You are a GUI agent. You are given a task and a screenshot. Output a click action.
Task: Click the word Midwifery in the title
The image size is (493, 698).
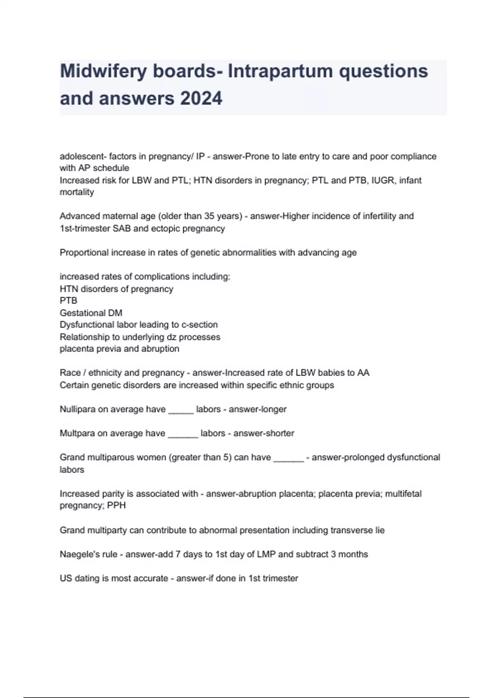point(104,71)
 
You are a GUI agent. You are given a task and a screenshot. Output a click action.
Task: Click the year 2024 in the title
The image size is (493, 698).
point(201,99)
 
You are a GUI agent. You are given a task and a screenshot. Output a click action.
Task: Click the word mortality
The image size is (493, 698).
point(77,192)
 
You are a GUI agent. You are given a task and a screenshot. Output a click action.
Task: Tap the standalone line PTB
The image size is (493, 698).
point(69,301)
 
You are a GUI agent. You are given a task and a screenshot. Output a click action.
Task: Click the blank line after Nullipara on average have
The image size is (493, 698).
point(181,410)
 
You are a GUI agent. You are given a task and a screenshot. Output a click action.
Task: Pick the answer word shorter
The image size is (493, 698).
point(279,433)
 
